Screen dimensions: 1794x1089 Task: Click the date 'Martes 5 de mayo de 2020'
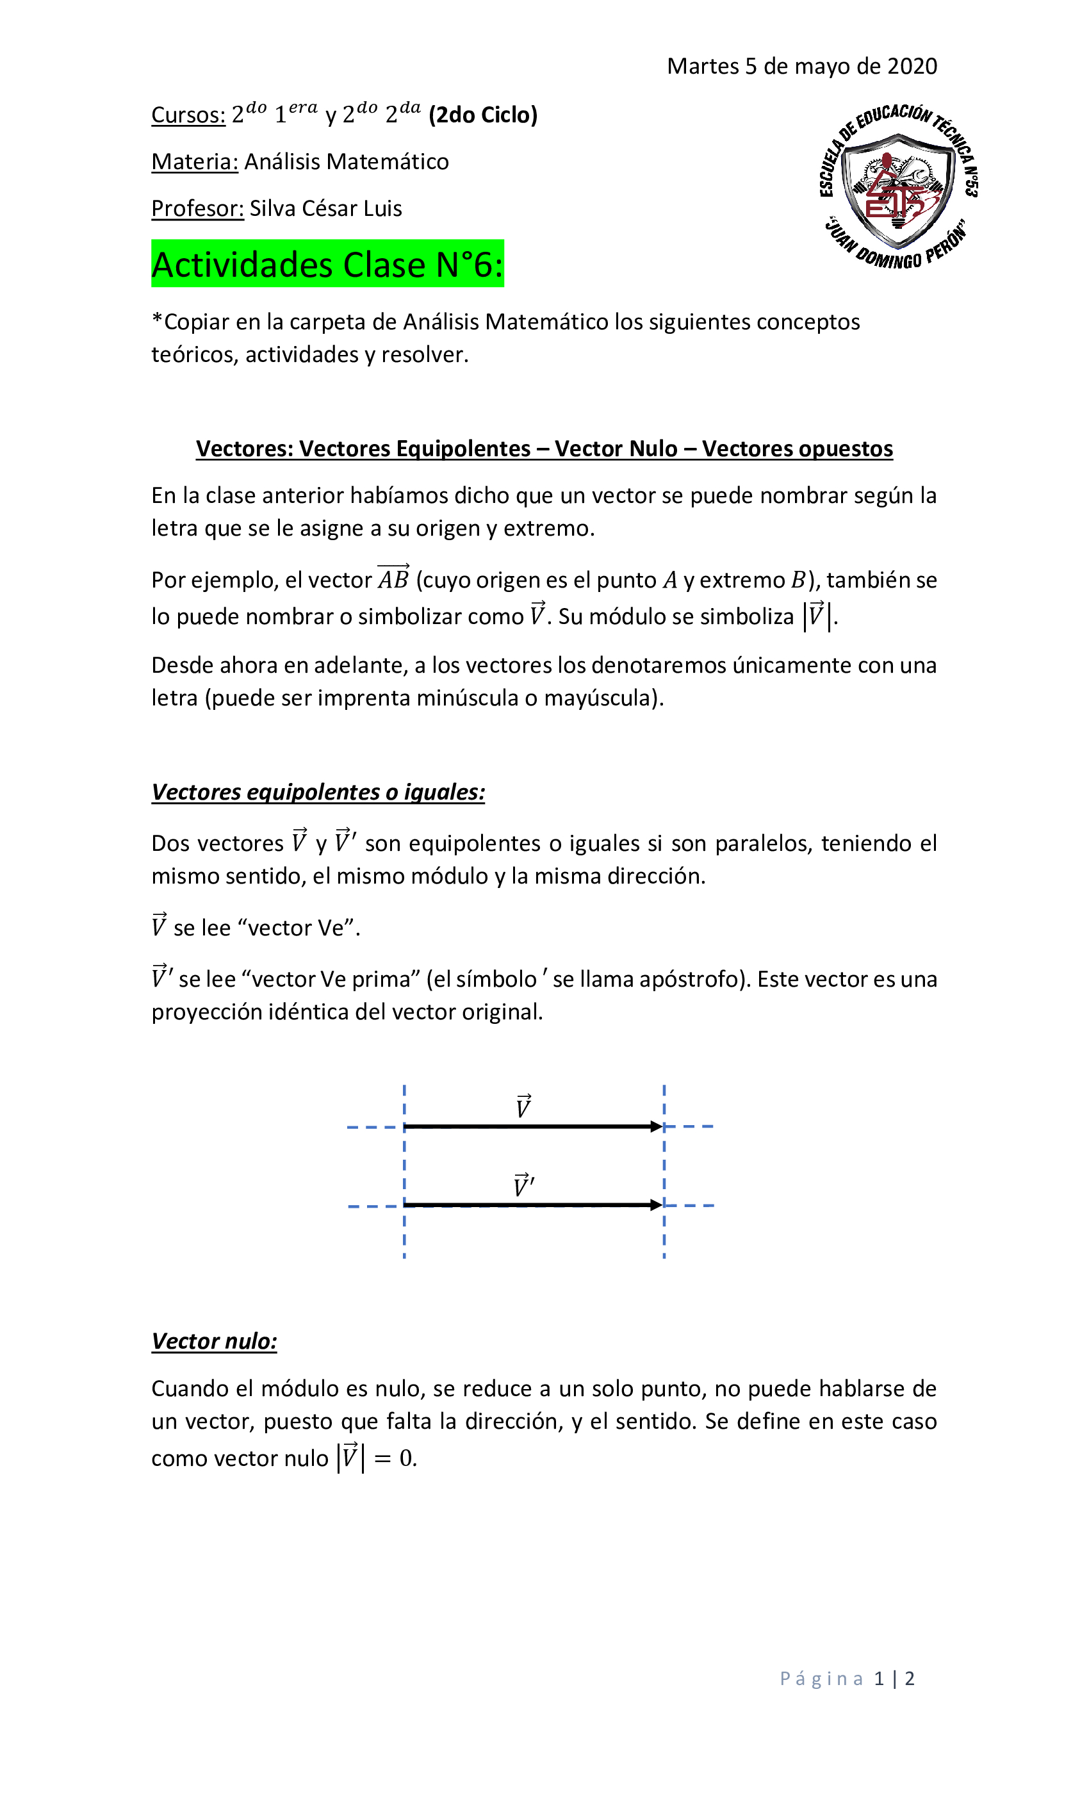[801, 66]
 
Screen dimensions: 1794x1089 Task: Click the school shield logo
[898, 186]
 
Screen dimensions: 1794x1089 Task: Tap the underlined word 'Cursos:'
[188, 115]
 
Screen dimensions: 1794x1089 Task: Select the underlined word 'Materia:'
[194, 161]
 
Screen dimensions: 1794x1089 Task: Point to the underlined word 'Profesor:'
[197, 209]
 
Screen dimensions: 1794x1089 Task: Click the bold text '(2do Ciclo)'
[482, 115]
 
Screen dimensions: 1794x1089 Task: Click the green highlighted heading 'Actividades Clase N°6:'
[327, 264]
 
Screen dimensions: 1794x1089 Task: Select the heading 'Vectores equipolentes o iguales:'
[318, 792]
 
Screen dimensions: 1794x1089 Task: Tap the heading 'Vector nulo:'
[214, 1342]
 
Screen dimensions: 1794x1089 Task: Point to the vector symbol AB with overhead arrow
[393, 578]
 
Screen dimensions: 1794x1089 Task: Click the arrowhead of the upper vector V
[657, 1127]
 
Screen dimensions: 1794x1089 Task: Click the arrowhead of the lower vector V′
[657, 1206]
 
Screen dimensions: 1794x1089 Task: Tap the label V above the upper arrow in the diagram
[523, 1107]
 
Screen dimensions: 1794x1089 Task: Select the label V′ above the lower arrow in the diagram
[523, 1185]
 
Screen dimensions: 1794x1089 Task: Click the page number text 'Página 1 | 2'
[847, 1679]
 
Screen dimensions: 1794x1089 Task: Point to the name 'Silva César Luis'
[325, 209]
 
